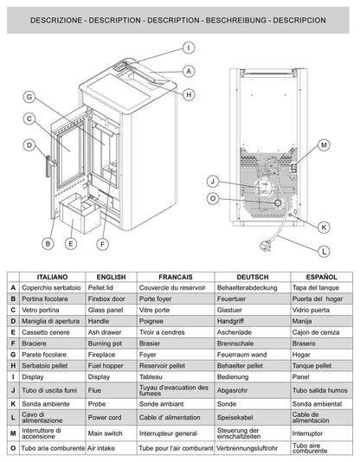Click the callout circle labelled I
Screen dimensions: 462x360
click(x=189, y=48)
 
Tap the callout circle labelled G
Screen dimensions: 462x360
click(x=29, y=97)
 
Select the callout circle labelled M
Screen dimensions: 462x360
click(x=323, y=144)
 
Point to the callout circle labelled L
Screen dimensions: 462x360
click(x=323, y=252)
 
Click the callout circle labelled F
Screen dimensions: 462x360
click(x=103, y=245)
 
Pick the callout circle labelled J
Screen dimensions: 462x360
click(x=212, y=181)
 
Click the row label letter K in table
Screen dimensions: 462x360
click(x=13, y=402)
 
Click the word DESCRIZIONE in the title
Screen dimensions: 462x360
click(x=48, y=17)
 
